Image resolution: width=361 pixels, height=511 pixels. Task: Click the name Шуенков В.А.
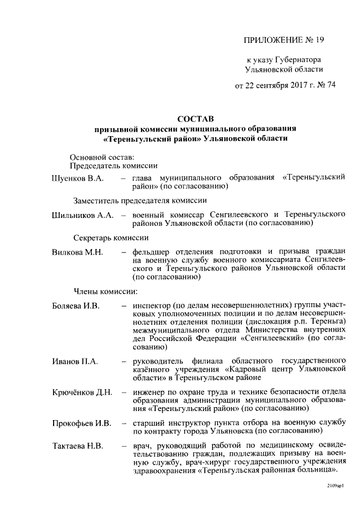click(77, 178)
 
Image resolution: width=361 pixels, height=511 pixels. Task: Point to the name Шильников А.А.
click(82, 215)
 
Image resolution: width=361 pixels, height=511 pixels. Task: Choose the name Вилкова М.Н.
click(77, 252)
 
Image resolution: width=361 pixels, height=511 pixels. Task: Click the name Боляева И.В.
click(76, 306)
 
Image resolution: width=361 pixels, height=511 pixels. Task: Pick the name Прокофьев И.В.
click(81, 423)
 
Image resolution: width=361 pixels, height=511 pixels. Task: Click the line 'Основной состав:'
click(100, 156)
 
